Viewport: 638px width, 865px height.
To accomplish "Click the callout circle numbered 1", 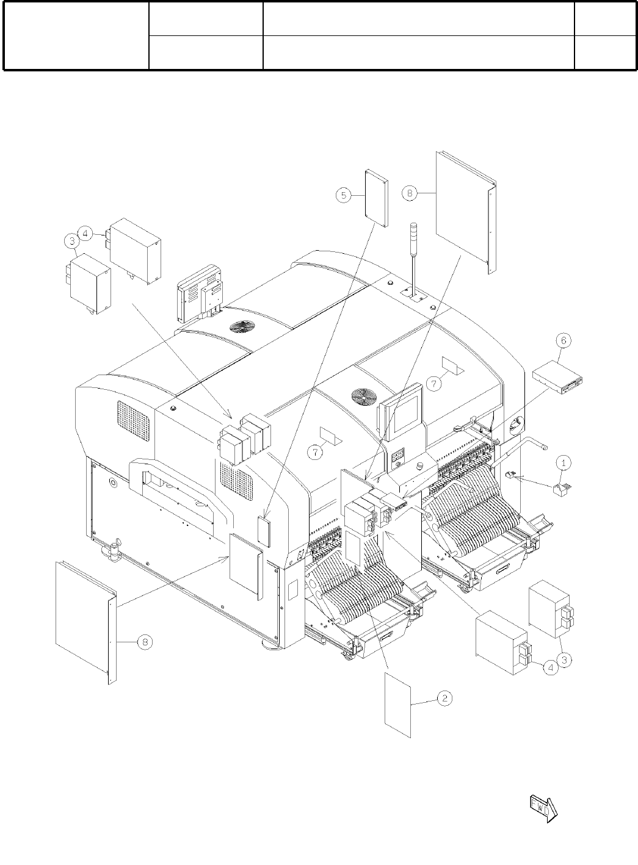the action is pos(564,462).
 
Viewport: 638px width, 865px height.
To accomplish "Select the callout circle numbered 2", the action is pos(445,698).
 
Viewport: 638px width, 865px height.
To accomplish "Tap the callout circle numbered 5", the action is pos(344,195).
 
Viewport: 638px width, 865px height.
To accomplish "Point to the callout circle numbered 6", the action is pos(563,340).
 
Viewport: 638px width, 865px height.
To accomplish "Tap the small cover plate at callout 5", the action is pos(376,199).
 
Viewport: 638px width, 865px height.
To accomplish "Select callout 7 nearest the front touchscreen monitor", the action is pos(433,384).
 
